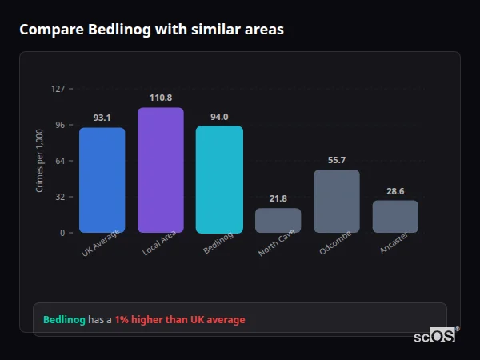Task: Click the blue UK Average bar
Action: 102,180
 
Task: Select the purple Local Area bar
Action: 160,170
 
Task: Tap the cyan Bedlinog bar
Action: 219,179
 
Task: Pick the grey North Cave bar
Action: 278,220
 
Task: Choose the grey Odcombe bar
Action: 337,201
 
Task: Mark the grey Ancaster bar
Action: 395,216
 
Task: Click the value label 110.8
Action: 160,98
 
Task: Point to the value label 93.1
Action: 102,118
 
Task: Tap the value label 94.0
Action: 219,117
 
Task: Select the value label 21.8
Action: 278,198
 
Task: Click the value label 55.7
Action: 337,160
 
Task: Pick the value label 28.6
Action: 395,191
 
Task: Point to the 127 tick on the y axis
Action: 58,89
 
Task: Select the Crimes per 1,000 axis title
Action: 40,161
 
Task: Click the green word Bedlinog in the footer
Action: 64,320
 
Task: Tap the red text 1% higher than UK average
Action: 180,320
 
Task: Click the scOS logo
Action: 435,336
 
